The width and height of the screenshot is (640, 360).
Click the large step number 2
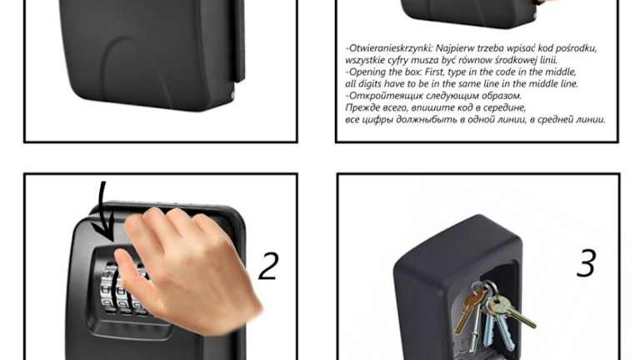[269, 266]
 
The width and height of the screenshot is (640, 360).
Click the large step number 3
[586, 263]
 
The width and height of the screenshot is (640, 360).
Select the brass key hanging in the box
[469, 306]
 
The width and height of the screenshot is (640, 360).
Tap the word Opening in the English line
[367, 72]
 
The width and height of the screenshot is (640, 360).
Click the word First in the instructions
[435, 72]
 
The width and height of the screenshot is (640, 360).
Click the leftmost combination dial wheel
[107, 287]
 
